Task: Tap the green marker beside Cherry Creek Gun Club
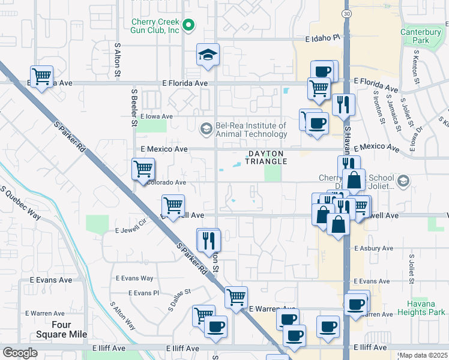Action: [x=188, y=25]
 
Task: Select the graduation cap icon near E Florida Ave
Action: [x=208, y=55]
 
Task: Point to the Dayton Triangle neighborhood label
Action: [x=265, y=157]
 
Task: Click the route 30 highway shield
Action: [x=347, y=13]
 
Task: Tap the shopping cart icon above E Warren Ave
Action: [x=236, y=297]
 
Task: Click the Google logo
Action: [x=20, y=353]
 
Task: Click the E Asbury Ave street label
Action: [x=373, y=248]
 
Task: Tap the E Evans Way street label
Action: [x=134, y=278]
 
